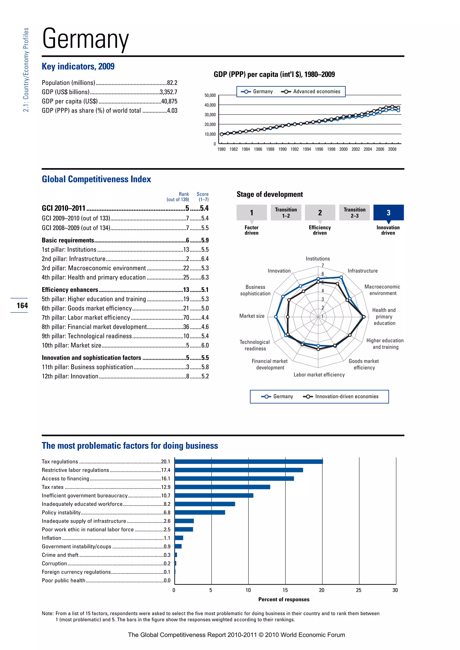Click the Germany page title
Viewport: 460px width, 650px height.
(85, 39)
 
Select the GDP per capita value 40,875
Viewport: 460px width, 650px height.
(169, 101)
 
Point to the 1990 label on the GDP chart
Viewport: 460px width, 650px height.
(282, 149)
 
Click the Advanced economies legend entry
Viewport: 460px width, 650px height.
(311, 91)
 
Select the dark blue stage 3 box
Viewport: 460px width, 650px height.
(388, 212)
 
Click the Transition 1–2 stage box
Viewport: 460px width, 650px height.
(286, 212)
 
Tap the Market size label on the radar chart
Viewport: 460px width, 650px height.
(252, 316)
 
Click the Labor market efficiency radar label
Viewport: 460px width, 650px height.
(319, 375)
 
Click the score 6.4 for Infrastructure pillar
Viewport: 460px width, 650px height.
(205, 259)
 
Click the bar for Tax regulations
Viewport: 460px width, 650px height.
(248, 461)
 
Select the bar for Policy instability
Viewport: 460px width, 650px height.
(200, 512)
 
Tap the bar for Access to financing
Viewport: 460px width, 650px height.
(234, 479)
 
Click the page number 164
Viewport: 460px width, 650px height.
(22, 305)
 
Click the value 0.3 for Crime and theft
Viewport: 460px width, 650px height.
(167, 555)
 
